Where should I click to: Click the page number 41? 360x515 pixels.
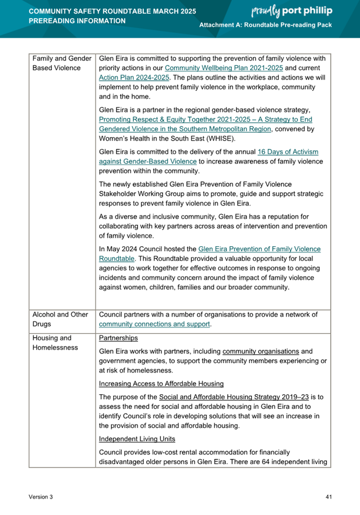point(329,497)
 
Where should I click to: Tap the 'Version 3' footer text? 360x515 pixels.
point(41,497)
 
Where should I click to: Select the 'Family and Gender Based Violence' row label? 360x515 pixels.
point(62,63)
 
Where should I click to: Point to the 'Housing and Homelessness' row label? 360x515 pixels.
point(56,343)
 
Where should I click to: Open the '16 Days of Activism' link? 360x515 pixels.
point(288,152)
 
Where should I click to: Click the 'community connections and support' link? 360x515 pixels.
point(154,325)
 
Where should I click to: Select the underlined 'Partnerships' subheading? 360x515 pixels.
point(118,338)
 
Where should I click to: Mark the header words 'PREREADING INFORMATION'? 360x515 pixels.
point(77,21)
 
